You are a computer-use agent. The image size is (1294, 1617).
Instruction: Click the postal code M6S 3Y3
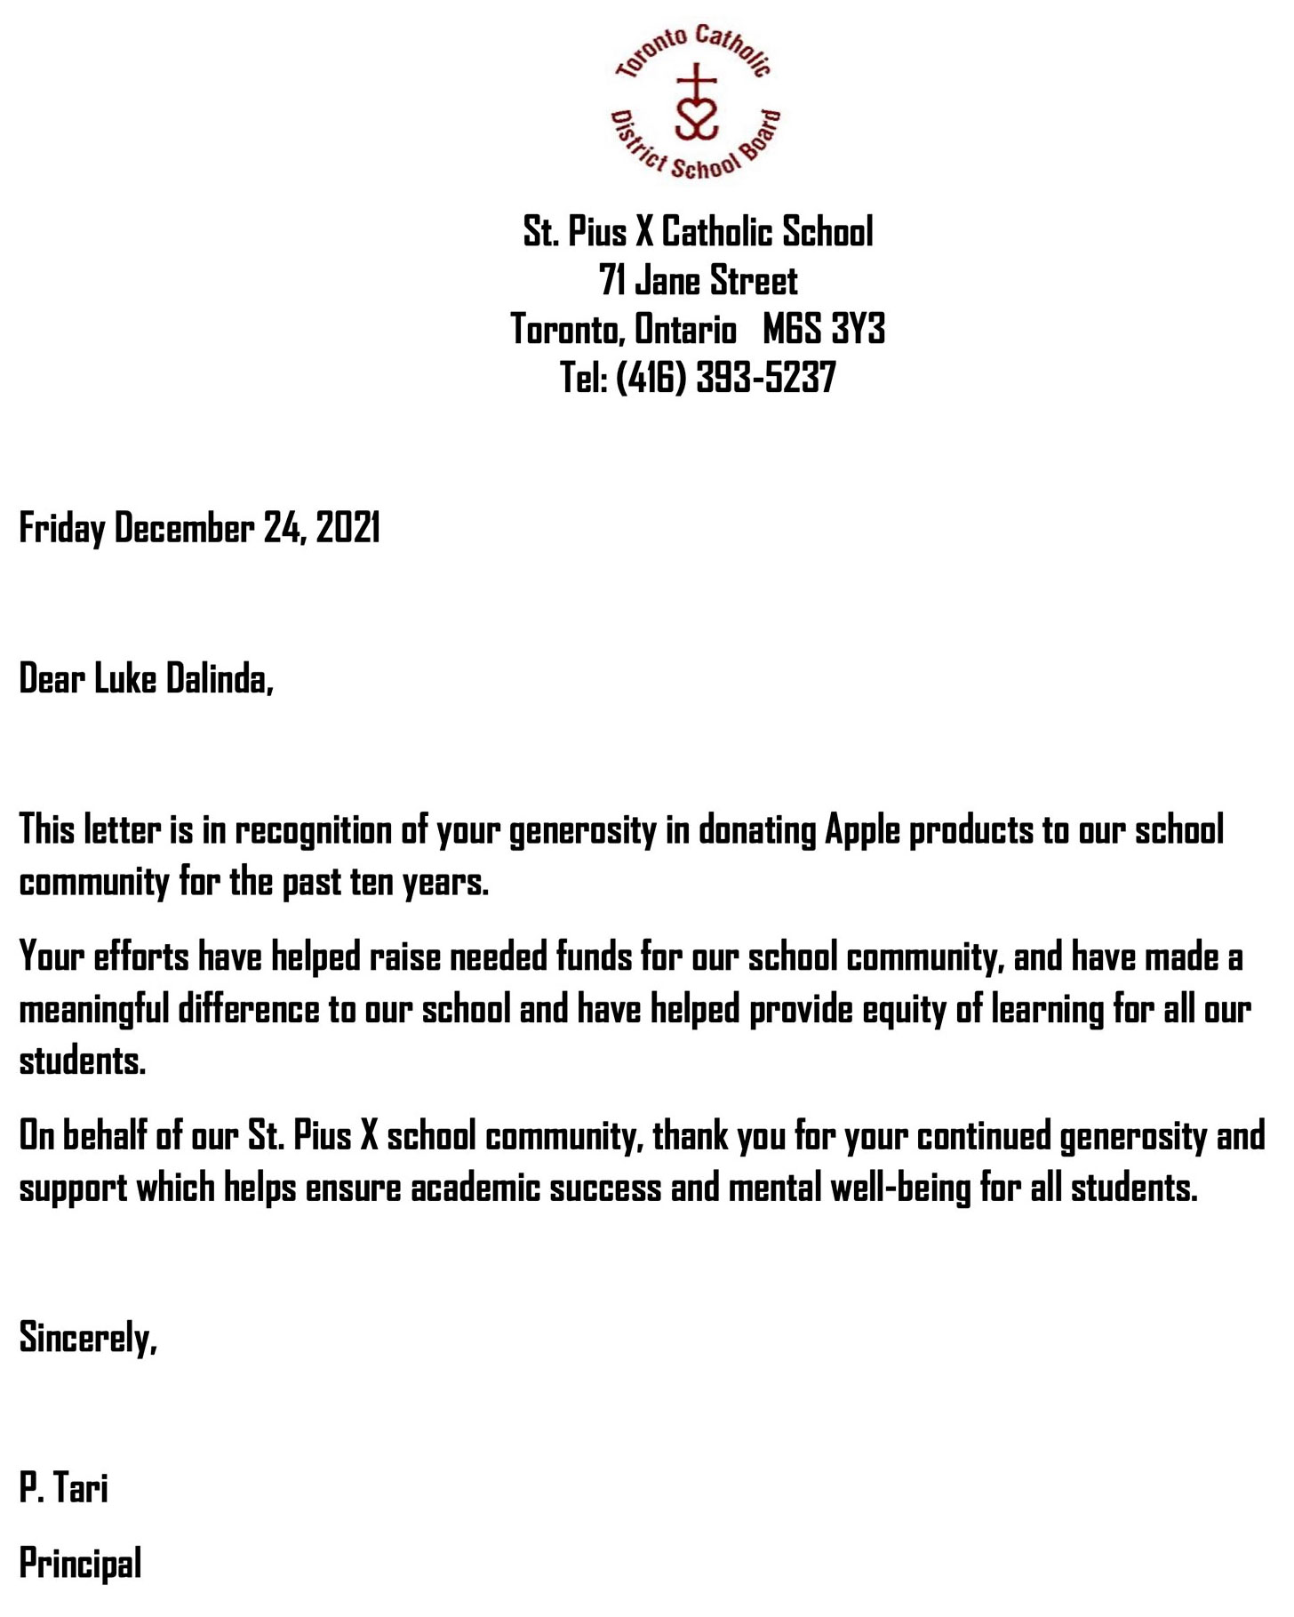(x=823, y=330)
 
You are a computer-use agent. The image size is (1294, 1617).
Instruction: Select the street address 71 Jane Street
(x=699, y=281)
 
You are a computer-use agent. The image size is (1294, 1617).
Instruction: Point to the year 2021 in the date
(x=348, y=528)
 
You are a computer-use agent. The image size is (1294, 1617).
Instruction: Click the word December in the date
(x=184, y=528)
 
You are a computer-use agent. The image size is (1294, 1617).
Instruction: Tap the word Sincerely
(x=88, y=1338)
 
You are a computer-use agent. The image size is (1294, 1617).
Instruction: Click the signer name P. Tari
(x=64, y=1488)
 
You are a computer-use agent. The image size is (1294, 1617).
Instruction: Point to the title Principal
(x=81, y=1565)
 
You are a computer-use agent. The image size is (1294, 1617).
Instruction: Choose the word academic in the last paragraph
(x=475, y=1189)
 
